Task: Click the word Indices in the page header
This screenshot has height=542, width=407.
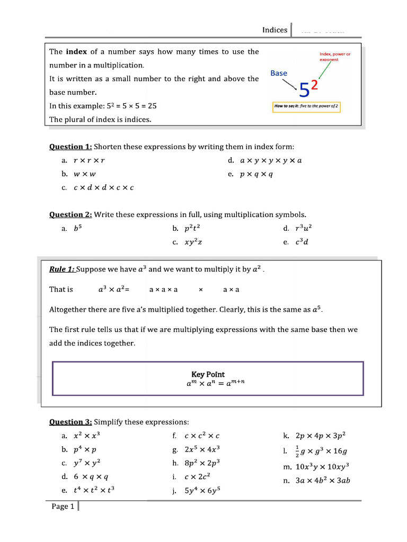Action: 275,30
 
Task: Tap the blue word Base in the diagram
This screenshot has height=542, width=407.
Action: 279,74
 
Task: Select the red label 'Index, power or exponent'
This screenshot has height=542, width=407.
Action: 335,57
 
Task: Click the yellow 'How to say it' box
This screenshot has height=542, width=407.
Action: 306,106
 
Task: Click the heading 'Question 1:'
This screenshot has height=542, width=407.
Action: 70,147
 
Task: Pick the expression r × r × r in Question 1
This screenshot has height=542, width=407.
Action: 85,160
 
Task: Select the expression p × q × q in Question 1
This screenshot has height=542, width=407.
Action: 256,174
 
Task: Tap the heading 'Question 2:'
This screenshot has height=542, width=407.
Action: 70,214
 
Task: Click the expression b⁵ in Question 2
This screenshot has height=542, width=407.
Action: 78,229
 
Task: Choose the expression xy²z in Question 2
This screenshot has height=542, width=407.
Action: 193,242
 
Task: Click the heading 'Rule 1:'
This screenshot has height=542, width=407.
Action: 62,269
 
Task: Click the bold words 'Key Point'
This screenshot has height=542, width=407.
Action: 208,374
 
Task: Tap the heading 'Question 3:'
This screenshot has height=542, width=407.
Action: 70,422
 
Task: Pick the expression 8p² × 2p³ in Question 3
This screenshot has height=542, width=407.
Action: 202,463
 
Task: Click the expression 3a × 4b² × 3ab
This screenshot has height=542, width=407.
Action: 323,481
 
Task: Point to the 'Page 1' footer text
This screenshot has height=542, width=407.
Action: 63,507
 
